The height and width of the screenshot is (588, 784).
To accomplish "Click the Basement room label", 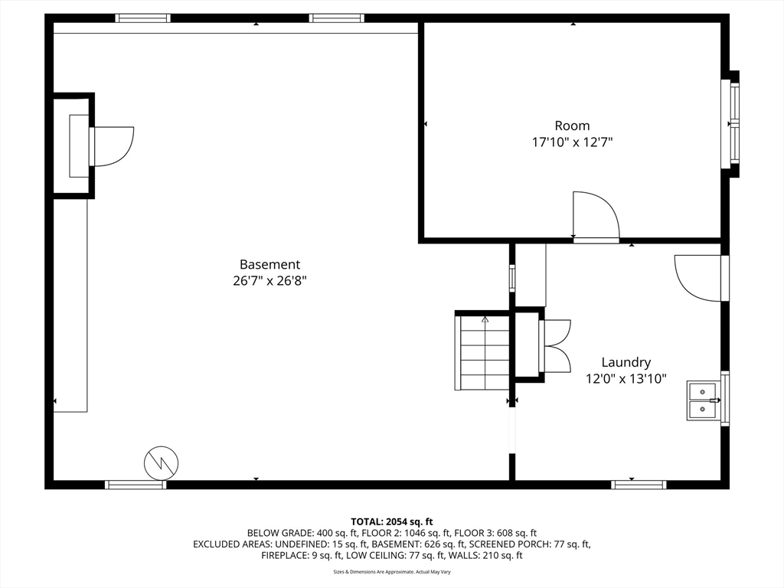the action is click(270, 264).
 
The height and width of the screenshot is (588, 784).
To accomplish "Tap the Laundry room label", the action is click(626, 362).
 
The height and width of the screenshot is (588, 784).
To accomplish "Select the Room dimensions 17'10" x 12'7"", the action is click(572, 142).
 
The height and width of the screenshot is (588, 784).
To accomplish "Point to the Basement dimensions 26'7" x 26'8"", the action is click(270, 281).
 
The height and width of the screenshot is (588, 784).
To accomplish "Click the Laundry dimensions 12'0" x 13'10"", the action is click(626, 379).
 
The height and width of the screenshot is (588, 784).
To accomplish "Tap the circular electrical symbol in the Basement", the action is click(161, 463).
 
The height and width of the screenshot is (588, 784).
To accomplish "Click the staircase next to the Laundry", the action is click(482, 351).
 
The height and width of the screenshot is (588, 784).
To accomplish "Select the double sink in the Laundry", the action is click(704, 400).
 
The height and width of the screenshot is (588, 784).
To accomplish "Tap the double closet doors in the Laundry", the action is click(555, 345).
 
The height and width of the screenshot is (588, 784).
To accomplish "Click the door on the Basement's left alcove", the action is click(111, 146).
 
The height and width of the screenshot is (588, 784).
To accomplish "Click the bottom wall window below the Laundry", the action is click(639, 484).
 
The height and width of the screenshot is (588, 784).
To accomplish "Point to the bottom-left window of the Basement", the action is click(135, 484).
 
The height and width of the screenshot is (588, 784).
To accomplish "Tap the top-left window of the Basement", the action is click(142, 18).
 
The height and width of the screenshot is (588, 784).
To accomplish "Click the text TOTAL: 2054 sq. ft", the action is click(391, 522).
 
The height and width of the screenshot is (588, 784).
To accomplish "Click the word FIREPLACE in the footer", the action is click(282, 555).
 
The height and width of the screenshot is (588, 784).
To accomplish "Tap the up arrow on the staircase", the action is click(485, 319).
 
